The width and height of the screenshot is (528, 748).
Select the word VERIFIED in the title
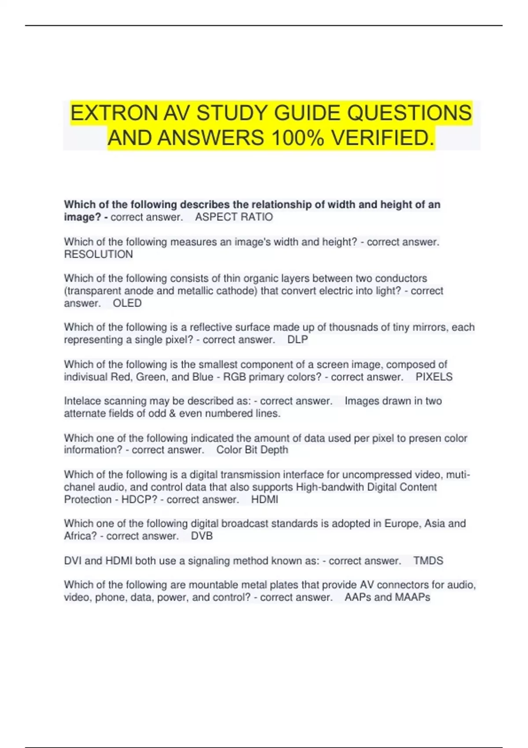pyautogui.click(x=382, y=138)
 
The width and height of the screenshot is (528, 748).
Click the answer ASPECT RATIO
pyautogui.click(x=234, y=217)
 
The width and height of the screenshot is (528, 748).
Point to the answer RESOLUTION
pyautogui.click(x=98, y=254)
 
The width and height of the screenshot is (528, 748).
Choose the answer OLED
pyautogui.click(x=127, y=303)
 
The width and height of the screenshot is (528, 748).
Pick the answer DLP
pyautogui.click(x=297, y=340)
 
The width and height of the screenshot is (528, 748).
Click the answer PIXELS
pyautogui.click(x=434, y=377)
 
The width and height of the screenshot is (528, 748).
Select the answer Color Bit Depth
pyautogui.click(x=252, y=450)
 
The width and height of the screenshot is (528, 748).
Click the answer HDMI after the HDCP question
pyautogui.click(x=264, y=499)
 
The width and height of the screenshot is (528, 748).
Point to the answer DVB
pyautogui.click(x=202, y=536)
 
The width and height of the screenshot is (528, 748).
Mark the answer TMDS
pyautogui.click(x=428, y=561)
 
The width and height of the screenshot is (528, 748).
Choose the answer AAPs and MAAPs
pyautogui.click(x=387, y=597)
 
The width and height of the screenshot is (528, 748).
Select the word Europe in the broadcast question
pyautogui.click(x=402, y=524)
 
